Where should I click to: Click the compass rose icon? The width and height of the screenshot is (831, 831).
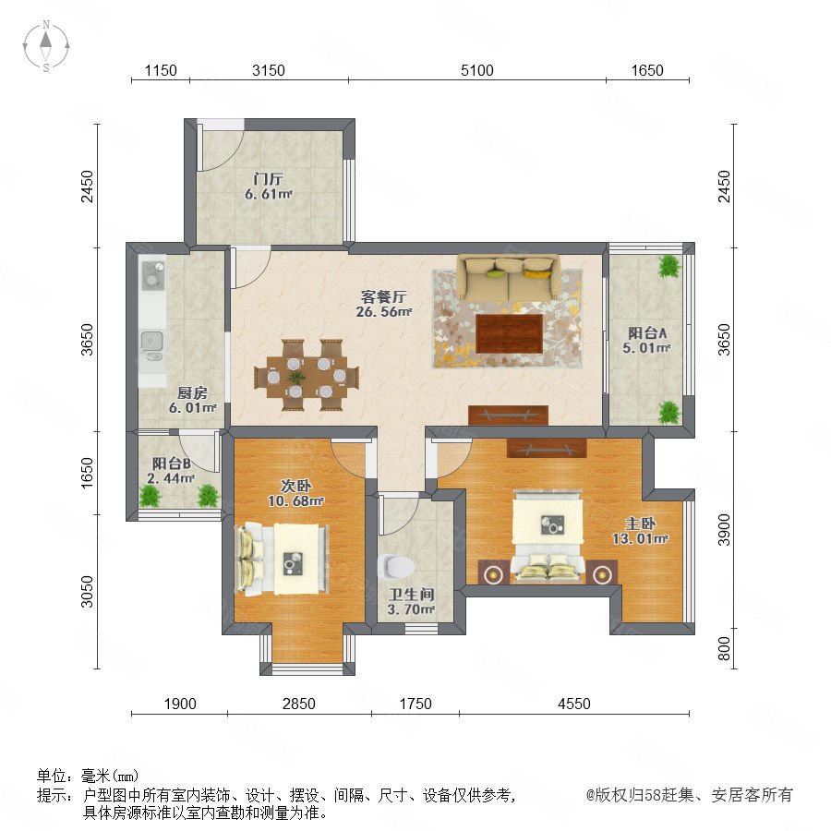pyautogui.click(x=46, y=46)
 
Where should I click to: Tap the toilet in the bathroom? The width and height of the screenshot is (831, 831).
pyautogui.click(x=396, y=566)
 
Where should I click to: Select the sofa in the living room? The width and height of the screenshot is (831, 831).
pyautogui.click(x=509, y=277)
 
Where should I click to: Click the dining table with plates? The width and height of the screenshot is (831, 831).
pyautogui.click(x=307, y=375)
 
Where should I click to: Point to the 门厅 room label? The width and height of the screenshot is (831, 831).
pyautogui.click(x=268, y=179)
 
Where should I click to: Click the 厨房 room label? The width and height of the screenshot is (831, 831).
pyautogui.click(x=192, y=392)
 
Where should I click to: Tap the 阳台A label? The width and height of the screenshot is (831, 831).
pyautogui.click(x=647, y=332)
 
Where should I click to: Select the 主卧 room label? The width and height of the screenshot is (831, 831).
pyautogui.click(x=640, y=524)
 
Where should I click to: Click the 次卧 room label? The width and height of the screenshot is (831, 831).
pyautogui.click(x=295, y=486)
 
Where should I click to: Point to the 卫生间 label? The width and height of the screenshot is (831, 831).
pyautogui.click(x=412, y=595)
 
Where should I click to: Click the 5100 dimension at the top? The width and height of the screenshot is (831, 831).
pyautogui.click(x=477, y=70)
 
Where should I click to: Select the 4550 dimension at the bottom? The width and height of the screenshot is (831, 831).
pyautogui.click(x=574, y=704)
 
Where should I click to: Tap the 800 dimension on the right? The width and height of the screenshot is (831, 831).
pyautogui.click(x=724, y=649)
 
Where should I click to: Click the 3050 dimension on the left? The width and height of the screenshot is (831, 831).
pyautogui.click(x=87, y=592)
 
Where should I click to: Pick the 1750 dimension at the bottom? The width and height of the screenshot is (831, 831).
pyautogui.click(x=415, y=704)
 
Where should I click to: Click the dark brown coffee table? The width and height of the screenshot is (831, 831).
pyautogui.click(x=510, y=333)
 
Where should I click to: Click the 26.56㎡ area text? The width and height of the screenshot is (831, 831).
pyautogui.click(x=384, y=312)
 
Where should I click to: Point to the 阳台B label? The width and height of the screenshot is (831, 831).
pyautogui.click(x=171, y=464)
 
